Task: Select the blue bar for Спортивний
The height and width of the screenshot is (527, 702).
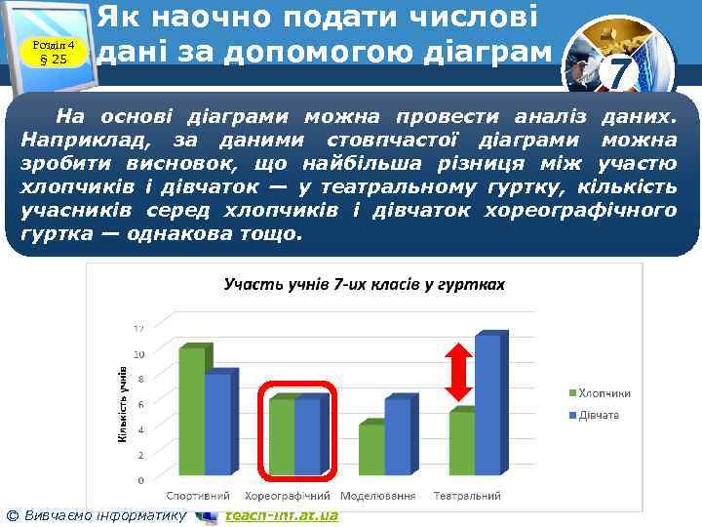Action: [218, 425]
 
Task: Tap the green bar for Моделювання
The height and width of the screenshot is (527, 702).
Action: [371, 449]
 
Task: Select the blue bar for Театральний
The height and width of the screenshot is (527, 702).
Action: [487, 405]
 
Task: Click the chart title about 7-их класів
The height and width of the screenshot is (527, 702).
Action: [364, 284]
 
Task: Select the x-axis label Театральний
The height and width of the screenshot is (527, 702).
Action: [468, 496]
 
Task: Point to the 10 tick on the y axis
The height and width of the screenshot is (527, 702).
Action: [139, 353]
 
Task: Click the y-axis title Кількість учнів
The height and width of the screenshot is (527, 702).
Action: [122, 405]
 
